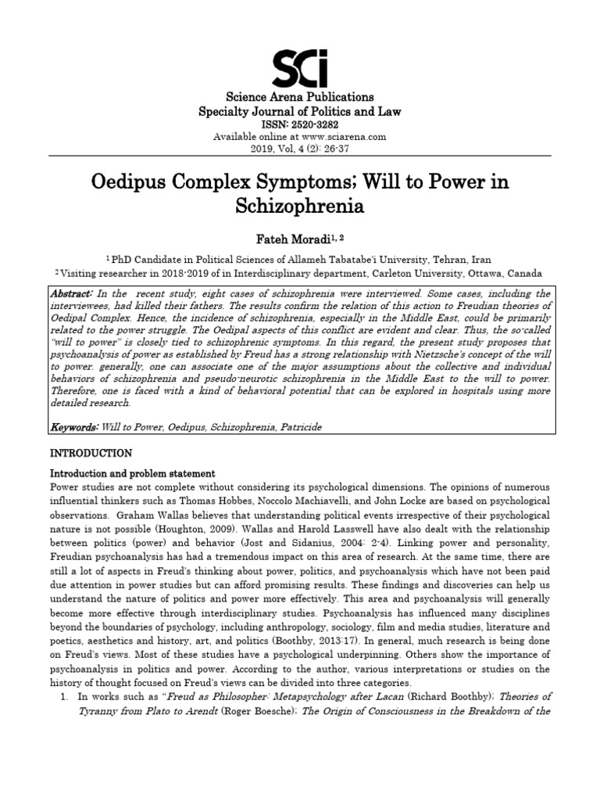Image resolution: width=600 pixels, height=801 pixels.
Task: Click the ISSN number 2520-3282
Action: (316, 124)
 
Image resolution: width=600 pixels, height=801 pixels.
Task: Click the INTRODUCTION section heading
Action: (91, 453)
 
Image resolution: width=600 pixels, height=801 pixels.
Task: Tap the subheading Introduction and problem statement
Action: (132, 473)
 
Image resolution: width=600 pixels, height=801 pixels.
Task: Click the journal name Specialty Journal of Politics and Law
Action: (300, 112)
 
